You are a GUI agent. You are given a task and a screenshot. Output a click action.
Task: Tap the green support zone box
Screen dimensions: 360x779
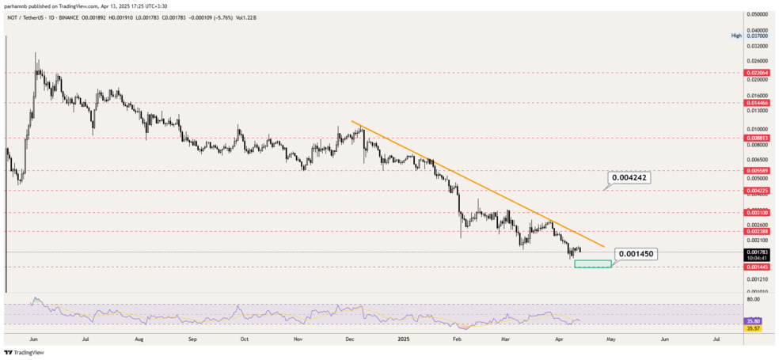[592, 263]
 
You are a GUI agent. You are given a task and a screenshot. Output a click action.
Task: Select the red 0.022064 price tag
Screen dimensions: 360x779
[758, 72]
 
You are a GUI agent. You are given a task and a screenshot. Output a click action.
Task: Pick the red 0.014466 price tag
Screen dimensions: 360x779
[758, 103]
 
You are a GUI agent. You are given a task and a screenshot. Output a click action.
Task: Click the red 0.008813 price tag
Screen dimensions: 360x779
[758, 137]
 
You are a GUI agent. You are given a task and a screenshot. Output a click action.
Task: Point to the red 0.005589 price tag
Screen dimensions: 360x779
[758, 170]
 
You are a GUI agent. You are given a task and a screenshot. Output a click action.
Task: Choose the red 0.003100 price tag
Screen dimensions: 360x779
[758, 213]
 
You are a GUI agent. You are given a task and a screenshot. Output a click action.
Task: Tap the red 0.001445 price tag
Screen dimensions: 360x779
[758, 267]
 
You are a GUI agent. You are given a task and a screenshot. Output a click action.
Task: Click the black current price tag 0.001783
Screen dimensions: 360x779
[758, 252]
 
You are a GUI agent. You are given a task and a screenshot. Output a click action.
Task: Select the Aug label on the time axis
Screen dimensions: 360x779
[139, 338]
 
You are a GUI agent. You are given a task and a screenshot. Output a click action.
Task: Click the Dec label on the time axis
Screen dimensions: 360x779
[350, 338]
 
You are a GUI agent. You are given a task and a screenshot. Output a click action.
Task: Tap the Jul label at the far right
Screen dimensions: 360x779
[716, 338]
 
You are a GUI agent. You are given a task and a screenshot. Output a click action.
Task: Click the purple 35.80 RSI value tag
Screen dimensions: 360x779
[754, 320]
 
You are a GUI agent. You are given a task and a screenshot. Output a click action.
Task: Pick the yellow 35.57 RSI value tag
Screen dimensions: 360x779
[754, 328]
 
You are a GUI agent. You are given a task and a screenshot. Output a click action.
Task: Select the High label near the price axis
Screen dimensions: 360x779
[736, 36]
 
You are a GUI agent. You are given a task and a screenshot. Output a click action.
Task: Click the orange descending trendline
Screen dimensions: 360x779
[475, 184]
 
